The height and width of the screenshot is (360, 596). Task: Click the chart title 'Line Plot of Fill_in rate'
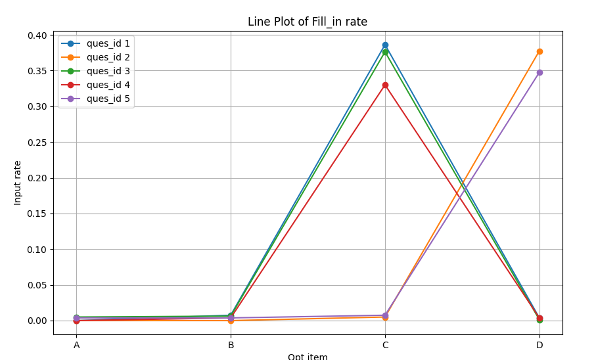click(x=308, y=22)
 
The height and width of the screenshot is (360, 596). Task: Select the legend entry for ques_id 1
click(x=108, y=43)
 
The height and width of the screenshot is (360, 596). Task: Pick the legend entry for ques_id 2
click(x=108, y=57)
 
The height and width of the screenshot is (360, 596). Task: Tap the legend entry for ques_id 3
click(x=108, y=71)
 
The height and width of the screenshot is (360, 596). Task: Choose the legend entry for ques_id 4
click(x=108, y=85)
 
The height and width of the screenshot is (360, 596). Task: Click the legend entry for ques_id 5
click(x=108, y=99)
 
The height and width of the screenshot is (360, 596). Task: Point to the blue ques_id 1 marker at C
click(x=385, y=45)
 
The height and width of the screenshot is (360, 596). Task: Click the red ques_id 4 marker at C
click(x=385, y=85)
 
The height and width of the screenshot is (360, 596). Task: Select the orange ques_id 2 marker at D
click(x=539, y=51)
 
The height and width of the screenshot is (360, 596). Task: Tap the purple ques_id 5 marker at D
click(x=539, y=72)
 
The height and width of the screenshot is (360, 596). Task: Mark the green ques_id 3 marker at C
click(x=385, y=52)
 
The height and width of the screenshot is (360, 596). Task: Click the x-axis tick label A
click(x=76, y=345)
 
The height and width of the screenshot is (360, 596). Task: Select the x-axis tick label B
click(x=231, y=345)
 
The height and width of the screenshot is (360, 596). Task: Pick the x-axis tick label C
click(x=385, y=345)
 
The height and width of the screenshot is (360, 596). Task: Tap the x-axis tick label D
click(x=539, y=345)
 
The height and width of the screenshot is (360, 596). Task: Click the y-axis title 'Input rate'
click(x=18, y=183)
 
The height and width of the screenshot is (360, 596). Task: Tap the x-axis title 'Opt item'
click(x=308, y=357)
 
